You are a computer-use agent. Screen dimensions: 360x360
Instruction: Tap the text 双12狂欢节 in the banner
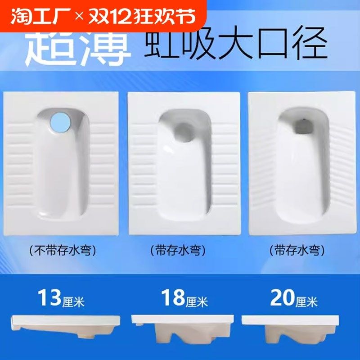[142, 17]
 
